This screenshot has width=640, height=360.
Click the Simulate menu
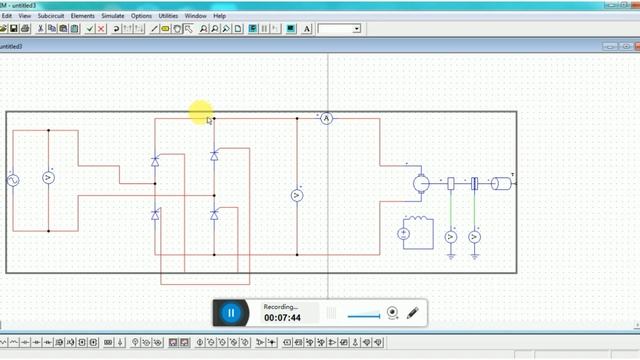click(113, 16)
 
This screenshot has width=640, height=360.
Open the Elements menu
click(82, 16)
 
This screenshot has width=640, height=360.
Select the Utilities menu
click(168, 16)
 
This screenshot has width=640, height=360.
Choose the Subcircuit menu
click(50, 16)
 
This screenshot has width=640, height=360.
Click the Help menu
click(220, 16)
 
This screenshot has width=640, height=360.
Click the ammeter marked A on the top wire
click(325, 118)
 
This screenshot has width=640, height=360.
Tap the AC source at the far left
click(14, 180)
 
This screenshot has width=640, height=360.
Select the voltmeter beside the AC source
click(47, 177)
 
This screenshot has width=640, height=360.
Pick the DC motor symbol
click(421, 182)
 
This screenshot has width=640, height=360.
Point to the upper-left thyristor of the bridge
click(155, 160)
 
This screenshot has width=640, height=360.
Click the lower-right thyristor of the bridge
click(214, 214)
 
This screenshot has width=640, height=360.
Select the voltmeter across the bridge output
click(297, 195)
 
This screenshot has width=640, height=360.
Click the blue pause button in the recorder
click(231, 313)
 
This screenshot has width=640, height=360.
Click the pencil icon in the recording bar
click(412, 313)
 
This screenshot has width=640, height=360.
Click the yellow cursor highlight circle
click(200, 111)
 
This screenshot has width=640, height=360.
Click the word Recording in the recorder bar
click(281, 306)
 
